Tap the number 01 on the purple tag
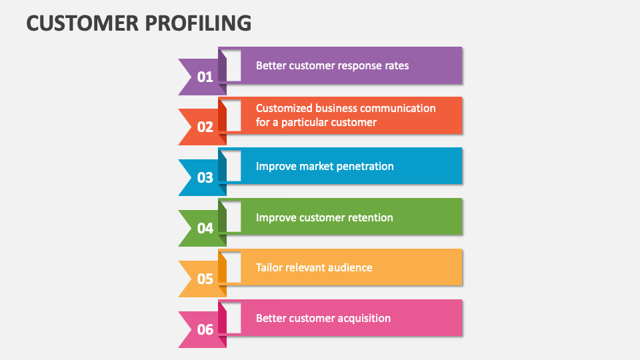tap(205, 77)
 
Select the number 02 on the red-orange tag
tap(205, 127)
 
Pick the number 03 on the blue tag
tap(205, 177)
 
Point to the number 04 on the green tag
tap(205, 228)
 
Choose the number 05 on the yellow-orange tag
tap(205, 279)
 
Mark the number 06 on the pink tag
tap(205, 329)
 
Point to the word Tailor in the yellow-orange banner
tap(269, 267)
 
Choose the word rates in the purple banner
tap(396, 66)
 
